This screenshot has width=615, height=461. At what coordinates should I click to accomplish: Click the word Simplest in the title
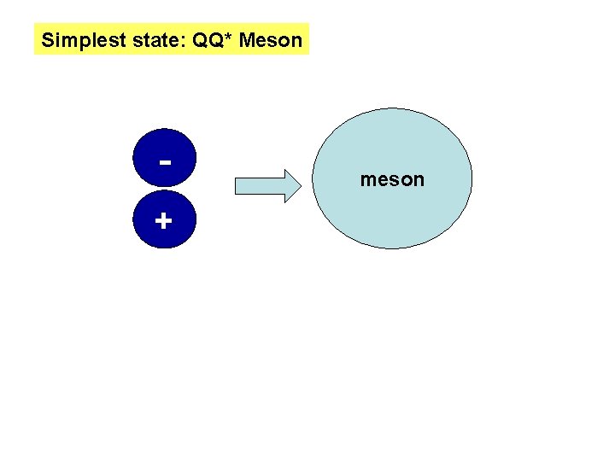tap(76, 39)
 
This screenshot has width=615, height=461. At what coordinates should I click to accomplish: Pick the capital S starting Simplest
tap(48, 39)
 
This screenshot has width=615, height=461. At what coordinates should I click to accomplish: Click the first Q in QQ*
tap(190, 39)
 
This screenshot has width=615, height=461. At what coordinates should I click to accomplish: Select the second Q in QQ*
tap(207, 39)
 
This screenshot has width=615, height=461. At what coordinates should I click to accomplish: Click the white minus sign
tap(163, 161)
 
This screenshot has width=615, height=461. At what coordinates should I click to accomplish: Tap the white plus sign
tap(163, 221)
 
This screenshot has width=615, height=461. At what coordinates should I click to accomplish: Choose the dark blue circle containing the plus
tap(163, 224)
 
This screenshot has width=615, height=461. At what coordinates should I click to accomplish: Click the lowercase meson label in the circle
tap(392, 180)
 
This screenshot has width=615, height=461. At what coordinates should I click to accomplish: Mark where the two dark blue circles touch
tap(163, 189)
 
